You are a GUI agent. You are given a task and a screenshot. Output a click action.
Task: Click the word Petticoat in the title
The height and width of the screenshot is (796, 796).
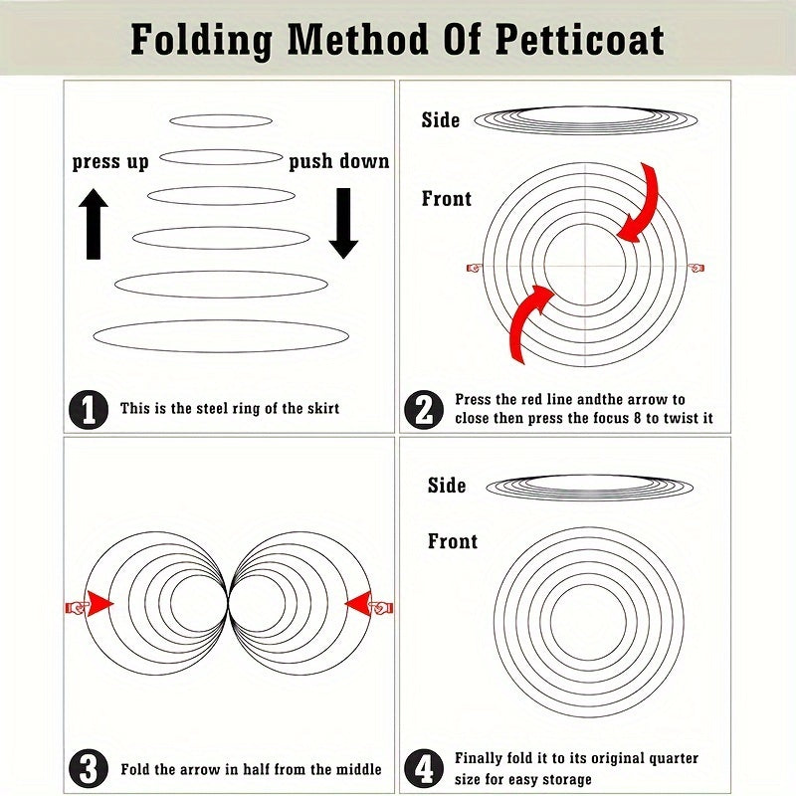(579, 39)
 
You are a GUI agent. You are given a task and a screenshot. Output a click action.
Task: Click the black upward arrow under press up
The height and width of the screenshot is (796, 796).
(94, 224)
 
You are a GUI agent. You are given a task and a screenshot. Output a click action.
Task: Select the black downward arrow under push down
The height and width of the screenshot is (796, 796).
(343, 223)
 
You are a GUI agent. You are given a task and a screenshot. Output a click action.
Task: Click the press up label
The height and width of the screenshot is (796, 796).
(110, 162)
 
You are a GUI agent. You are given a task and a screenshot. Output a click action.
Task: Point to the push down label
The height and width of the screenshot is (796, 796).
(339, 161)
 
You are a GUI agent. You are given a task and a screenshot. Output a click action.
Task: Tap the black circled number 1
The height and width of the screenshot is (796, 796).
(89, 410)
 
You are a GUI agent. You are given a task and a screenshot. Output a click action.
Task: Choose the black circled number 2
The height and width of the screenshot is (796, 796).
(424, 410)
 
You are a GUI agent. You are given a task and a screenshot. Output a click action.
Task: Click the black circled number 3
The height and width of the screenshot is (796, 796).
(89, 768)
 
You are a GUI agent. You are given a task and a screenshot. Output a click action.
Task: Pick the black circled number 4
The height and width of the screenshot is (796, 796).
(424, 768)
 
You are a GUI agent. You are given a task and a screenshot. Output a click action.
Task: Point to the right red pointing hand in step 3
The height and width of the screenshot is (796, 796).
(381, 607)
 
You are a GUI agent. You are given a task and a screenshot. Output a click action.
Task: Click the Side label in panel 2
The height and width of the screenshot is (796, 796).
(441, 120)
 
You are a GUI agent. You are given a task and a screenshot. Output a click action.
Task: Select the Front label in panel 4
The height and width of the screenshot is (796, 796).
(453, 541)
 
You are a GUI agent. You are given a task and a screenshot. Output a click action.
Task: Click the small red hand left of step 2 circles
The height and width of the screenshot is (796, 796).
(474, 268)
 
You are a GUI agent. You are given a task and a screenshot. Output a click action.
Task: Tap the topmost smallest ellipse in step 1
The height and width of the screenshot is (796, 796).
(221, 120)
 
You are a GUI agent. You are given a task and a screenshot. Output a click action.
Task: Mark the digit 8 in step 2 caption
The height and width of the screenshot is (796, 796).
(637, 418)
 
